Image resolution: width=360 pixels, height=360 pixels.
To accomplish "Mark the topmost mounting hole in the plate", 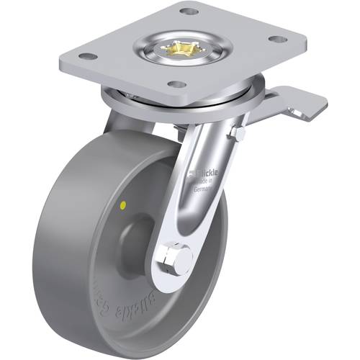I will (x=189, y=12).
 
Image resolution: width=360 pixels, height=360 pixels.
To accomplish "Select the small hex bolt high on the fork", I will (x=239, y=135).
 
